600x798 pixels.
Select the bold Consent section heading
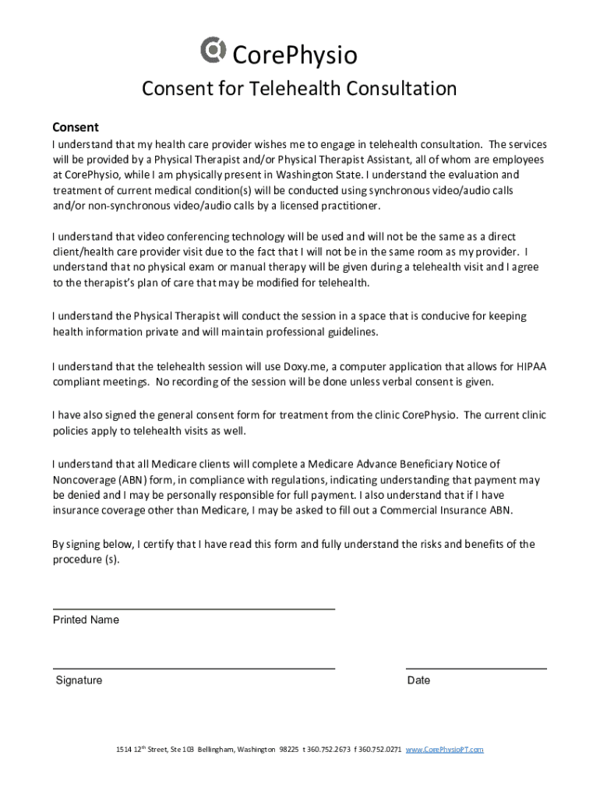(75, 127)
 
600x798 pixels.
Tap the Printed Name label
(86, 620)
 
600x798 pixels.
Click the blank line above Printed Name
(193, 608)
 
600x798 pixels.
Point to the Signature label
(79, 680)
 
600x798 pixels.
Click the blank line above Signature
(193, 668)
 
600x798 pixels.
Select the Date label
(418, 680)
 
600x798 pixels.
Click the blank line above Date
(476, 668)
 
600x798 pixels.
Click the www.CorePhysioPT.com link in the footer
(445, 750)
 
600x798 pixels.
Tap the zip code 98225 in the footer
(288, 750)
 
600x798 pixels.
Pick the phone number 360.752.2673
(329, 750)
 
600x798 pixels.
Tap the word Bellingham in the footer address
(215, 750)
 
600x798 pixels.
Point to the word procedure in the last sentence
(76, 560)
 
